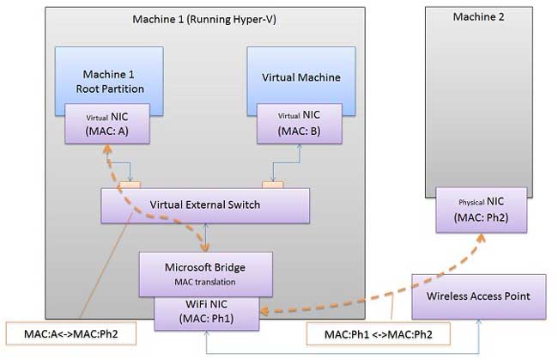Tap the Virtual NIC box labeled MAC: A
point(107,125)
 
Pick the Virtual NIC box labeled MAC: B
point(300,125)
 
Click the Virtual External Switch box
point(205,204)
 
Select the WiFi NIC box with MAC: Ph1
point(205,311)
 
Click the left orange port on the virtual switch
point(130,185)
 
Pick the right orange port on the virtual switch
point(272,185)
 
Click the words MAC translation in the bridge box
point(205,281)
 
